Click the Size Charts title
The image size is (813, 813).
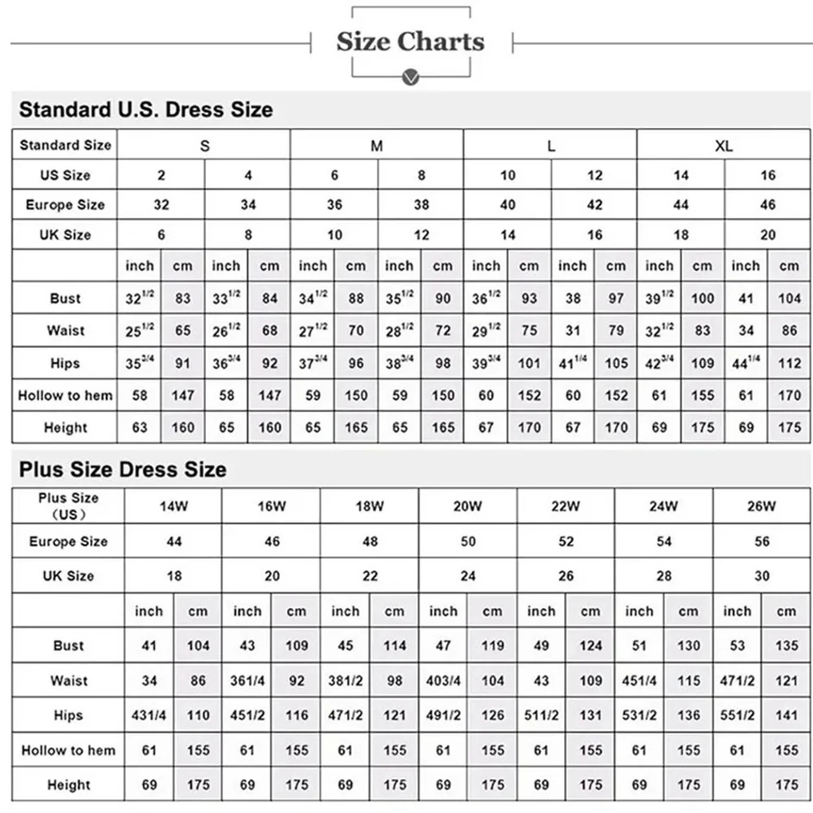410,41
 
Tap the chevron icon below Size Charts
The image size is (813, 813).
411,78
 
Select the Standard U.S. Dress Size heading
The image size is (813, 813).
146,110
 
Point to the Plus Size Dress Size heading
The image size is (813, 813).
123,469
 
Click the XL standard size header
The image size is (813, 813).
723,146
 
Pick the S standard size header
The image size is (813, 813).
204,146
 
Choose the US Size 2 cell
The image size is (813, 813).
161,176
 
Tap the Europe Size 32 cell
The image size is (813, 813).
161,205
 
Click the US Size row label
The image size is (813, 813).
65,176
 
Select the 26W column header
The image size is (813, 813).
761,506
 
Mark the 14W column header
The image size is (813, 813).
173,506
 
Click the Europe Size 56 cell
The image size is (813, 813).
761,542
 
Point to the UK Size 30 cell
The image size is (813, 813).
761,575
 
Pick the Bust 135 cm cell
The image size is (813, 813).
786,646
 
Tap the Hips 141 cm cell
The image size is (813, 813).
786,716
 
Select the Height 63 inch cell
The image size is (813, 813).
140,428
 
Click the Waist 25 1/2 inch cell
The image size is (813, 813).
140,331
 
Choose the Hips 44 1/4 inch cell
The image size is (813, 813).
746,363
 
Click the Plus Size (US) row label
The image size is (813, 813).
68,506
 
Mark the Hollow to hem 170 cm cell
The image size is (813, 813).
789,396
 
